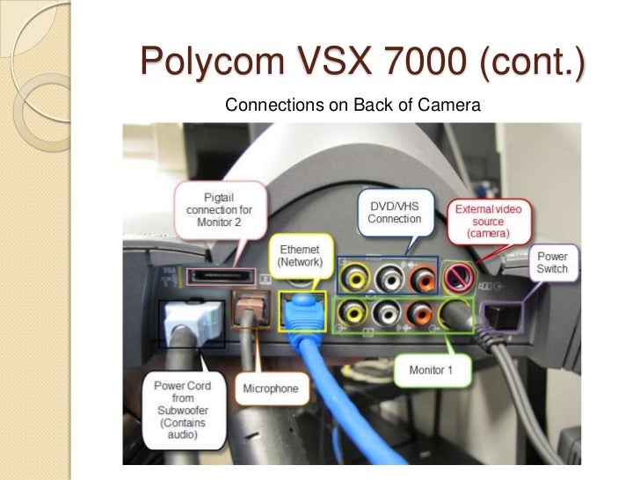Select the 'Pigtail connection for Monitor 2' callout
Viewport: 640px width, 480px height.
point(220,209)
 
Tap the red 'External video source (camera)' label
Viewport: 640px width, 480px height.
point(489,222)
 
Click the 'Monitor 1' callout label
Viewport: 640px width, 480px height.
point(430,370)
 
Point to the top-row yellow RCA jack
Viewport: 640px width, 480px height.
point(356,280)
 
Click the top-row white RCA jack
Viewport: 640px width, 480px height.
point(388,280)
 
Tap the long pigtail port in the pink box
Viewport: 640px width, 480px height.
point(220,278)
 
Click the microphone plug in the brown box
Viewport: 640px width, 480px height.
point(245,307)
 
